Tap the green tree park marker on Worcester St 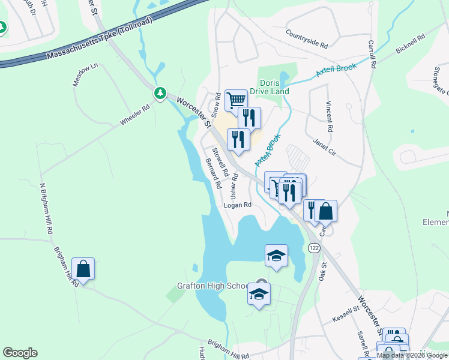(x=160, y=93)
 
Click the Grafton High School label (x=212, y=286)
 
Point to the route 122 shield (x=313, y=248)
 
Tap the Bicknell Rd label (x=411, y=45)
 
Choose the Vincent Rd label (x=329, y=117)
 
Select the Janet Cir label (x=324, y=148)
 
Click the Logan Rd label (x=237, y=205)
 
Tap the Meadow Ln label (x=85, y=76)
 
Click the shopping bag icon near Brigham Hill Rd (x=83, y=269)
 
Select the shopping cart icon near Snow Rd (x=236, y=100)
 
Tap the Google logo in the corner (x=20, y=353)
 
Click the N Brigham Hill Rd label (x=46, y=209)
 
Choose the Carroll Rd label (x=372, y=53)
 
